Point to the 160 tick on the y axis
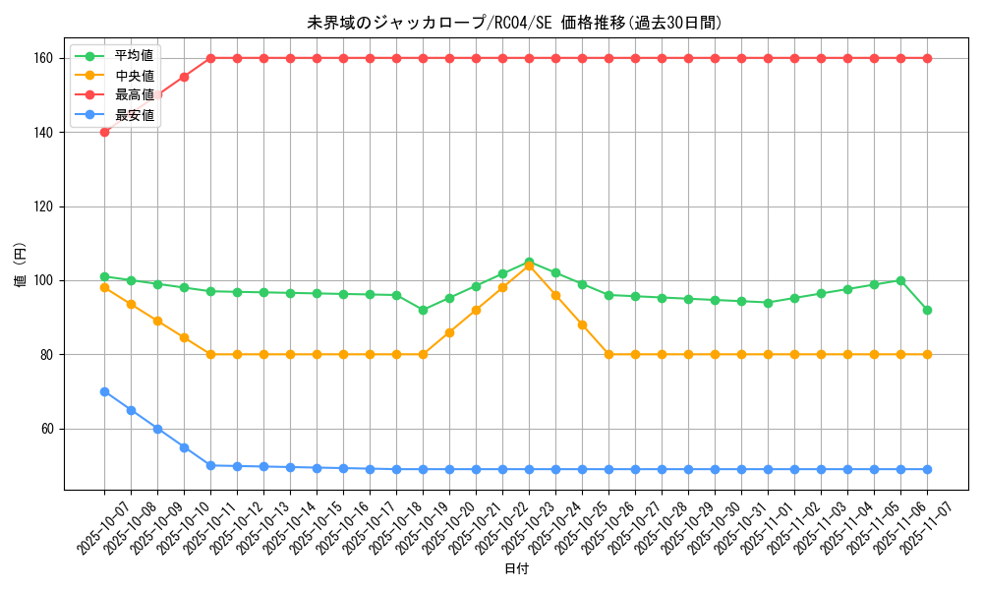(x=45, y=58)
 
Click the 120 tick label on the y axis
(x=45, y=206)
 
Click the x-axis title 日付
(x=516, y=569)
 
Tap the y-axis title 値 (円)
(x=21, y=265)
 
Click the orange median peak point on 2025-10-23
(x=529, y=265)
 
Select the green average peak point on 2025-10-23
(x=529, y=262)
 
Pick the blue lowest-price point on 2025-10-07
(x=104, y=391)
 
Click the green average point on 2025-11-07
(x=927, y=310)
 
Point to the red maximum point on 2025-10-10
(x=184, y=77)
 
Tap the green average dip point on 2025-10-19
(x=423, y=310)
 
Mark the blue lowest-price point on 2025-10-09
(x=157, y=429)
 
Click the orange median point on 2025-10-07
(x=104, y=287)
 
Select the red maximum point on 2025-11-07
(x=927, y=58)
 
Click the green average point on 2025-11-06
(x=900, y=280)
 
